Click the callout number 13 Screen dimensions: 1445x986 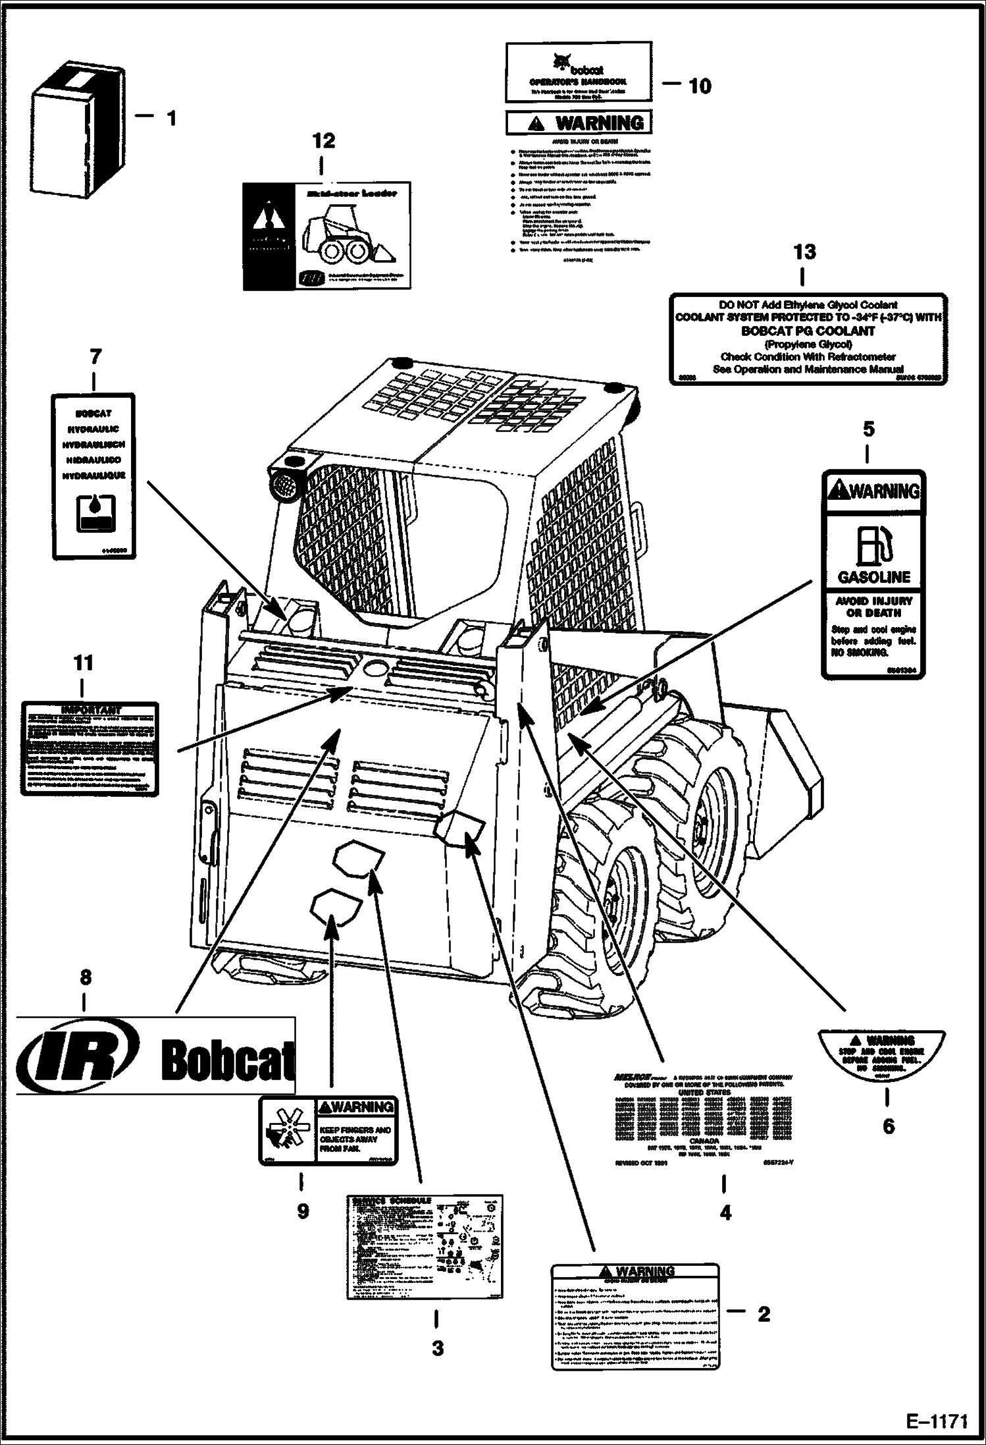click(x=804, y=252)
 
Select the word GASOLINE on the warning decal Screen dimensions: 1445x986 click(x=873, y=578)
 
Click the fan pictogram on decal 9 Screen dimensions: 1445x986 click(x=287, y=1130)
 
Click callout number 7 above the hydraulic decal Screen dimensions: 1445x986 click(x=95, y=356)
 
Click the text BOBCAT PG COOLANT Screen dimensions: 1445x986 click(x=808, y=331)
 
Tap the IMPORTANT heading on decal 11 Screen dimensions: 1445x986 click(x=90, y=709)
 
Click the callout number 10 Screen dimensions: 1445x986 click(x=700, y=86)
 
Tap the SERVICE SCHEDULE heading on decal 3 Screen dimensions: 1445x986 click(x=392, y=1200)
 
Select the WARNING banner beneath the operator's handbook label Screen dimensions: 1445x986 click(x=579, y=123)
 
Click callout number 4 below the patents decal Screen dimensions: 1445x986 click(x=725, y=1213)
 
